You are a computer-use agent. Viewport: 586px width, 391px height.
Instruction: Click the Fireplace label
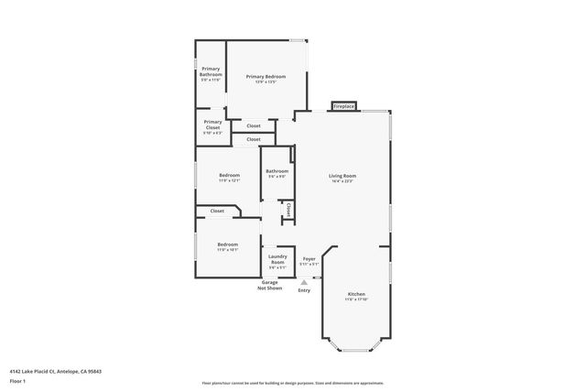344,106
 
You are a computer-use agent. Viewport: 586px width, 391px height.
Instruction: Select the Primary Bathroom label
211,71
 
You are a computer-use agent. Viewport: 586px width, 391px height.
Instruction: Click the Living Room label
342,175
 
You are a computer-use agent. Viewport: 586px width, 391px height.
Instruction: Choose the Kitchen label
355,294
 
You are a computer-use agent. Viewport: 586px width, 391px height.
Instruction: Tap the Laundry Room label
277,259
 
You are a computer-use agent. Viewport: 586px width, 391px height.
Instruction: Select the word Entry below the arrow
303,290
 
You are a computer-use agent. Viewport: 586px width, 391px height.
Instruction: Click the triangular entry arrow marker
303,283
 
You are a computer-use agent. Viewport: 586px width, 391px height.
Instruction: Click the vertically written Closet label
288,211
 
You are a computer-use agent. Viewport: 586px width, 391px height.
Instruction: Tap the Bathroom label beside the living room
277,171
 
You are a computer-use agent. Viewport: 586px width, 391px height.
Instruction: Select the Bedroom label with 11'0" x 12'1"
229,175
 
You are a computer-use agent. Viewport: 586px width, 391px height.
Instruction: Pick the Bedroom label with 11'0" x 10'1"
227,244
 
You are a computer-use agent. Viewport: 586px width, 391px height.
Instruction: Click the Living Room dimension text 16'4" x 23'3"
342,181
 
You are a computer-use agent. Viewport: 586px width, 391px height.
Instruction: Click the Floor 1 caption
17,379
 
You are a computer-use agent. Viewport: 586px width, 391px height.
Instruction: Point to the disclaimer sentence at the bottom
292,383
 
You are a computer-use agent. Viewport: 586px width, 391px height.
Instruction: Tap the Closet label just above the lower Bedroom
217,211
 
